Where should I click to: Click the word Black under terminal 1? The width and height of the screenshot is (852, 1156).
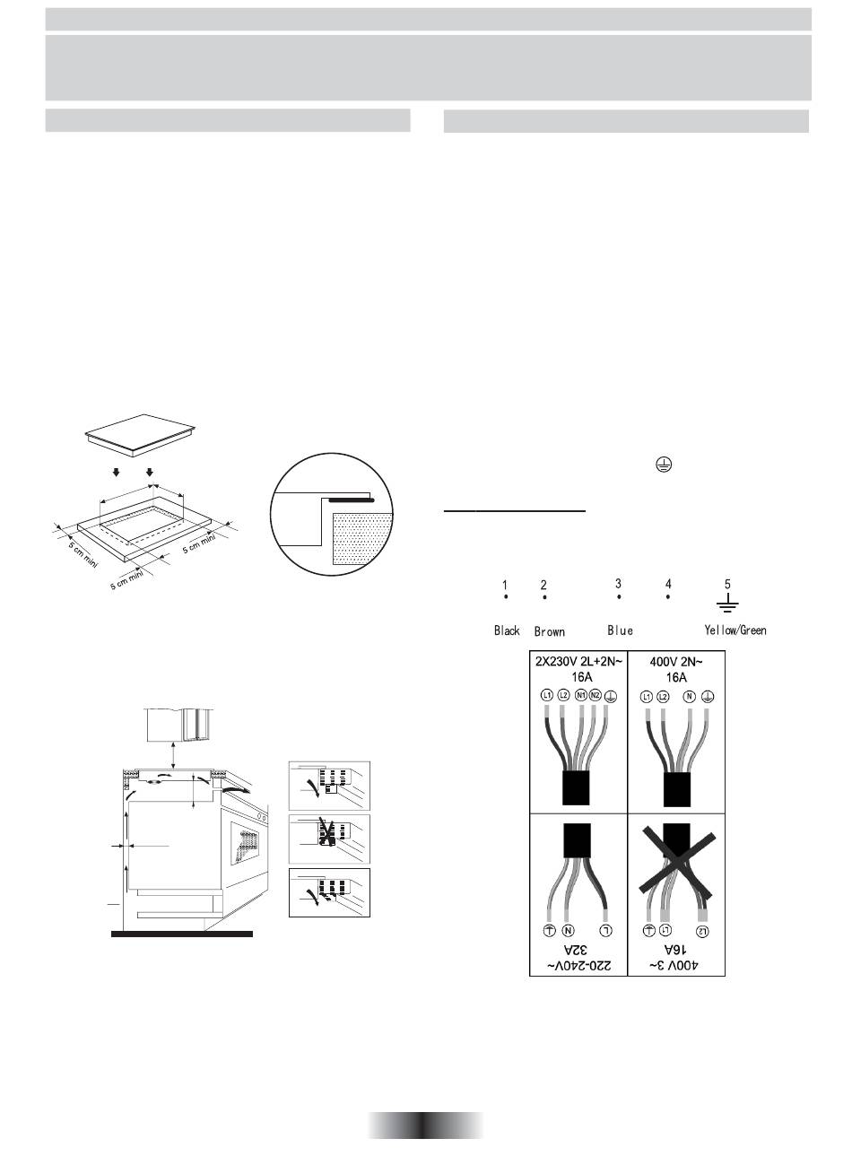(x=507, y=631)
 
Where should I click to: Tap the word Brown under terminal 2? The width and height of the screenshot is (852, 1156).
(x=549, y=632)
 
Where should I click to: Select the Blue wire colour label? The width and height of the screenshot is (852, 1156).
(x=620, y=630)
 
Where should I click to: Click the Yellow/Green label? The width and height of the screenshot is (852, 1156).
(x=735, y=630)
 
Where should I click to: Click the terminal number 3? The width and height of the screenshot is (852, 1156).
(x=618, y=584)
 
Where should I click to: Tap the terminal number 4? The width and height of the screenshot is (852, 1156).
(x=668, y=584)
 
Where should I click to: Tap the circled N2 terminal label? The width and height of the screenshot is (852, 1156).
(x=595, y=695)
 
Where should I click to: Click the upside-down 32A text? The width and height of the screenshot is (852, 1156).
(x=578, y=949)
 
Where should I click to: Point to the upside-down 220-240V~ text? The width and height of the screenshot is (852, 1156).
(x=578, y=966)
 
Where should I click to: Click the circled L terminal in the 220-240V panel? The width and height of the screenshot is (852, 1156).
(x=607, y=930)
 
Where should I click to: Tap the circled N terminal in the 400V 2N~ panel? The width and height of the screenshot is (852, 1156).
(x=688, y=696)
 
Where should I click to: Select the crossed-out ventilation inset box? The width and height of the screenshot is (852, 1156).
(x=329, y=839)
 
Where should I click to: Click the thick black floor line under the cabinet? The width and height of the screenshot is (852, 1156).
(x=182, y=934)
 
